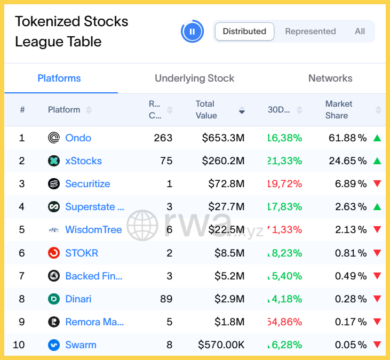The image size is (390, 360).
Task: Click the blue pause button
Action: (x=192, y=31)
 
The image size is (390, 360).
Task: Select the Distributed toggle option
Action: (x=244, y=31)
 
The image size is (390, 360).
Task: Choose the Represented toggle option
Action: (x=311, y=31)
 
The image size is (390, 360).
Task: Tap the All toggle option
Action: (x=360, y=31)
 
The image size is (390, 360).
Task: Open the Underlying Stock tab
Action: (x=194, y=78)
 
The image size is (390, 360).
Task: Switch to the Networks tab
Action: (x=330, y=78)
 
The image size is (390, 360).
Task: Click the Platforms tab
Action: (x=59, y=78)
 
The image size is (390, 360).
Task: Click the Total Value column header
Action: (x=206, y=110)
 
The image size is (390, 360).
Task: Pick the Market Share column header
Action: (x=339, y=110)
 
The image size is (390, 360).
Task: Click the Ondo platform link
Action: (x=78, y=138)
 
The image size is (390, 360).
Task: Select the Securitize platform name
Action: (x=87, y=184)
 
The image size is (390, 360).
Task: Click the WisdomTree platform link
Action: (x=93, y=230)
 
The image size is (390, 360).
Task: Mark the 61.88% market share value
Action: (x=347, y=138)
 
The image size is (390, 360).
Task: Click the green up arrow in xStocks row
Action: (x=377, y=161)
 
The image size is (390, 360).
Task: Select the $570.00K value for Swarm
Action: (x=221, y=345)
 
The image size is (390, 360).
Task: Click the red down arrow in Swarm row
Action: (x=377, y=345)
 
